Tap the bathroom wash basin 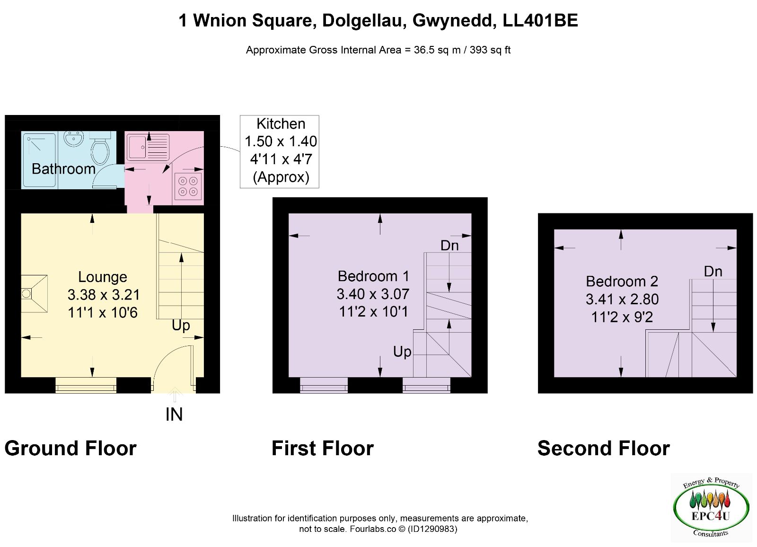coord(74,139)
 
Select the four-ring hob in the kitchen coord(188,186)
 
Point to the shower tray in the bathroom coord(38,160)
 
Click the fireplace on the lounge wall coord(34,293)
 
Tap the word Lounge coord(103,277)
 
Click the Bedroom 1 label coord(373,276)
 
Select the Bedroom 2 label coord(622,281)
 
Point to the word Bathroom coord(63,169)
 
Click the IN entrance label coord(174,415)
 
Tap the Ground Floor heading coord(70,448)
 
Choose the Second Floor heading coord(604,448)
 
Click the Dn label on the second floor coord(713,272)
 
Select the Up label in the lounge coord(181,326)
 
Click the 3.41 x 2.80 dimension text coord(622,299)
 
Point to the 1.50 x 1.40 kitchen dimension coord(281,141)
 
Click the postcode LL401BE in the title coord(540,20)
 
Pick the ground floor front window coord(86,385)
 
